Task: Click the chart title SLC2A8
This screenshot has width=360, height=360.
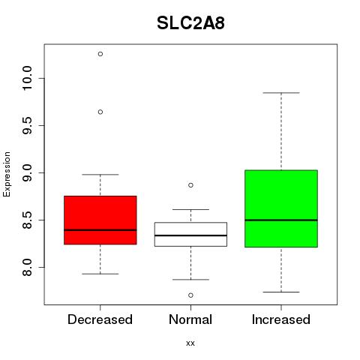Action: [190, 23]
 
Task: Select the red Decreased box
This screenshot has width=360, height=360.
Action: [100, 220]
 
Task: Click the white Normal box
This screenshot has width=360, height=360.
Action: [190, 234]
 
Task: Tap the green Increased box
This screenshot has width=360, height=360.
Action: [281, 208]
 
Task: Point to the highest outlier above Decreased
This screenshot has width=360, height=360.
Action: [100, 54]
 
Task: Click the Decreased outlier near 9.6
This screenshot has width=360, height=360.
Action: [100, 112]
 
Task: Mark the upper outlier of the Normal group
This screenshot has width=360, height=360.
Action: [190, 185]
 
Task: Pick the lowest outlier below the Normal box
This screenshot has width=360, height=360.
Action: [190, 295]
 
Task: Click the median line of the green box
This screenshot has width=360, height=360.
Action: [281, 220]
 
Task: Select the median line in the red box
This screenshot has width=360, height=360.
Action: [100, 230]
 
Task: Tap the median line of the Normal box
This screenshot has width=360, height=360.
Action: [190, 235]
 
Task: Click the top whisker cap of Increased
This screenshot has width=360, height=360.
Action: [281, 93]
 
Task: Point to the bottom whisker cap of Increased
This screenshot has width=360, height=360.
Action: [281, 292]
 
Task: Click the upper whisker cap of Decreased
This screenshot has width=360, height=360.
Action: [100, 175]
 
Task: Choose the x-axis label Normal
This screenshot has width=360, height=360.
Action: [190, 319]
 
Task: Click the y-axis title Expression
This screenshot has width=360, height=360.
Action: [7, 174]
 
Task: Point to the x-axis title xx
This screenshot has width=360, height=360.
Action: [190, 343]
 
